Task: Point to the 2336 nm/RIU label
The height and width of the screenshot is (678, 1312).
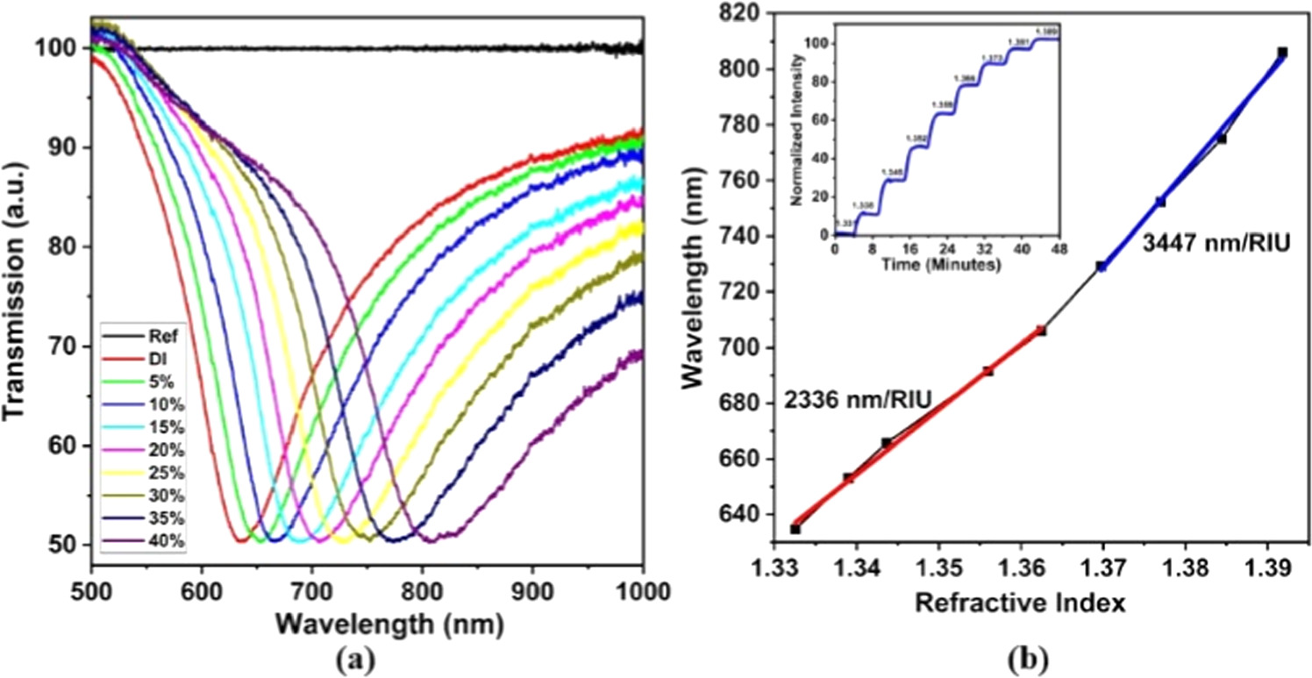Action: point(857,402)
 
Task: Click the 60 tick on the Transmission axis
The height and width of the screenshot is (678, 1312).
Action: point(67,446)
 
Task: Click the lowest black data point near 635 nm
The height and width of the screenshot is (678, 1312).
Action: point(795,529)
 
